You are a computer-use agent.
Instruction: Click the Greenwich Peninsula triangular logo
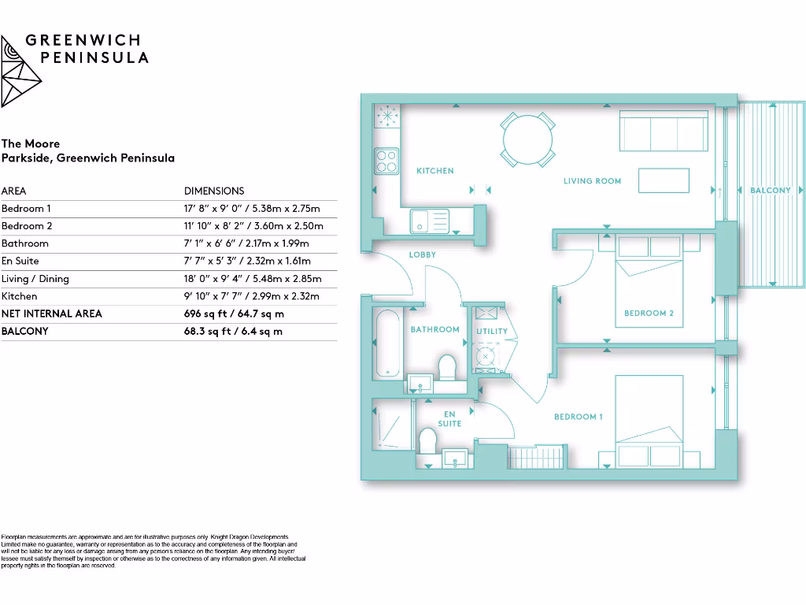coord(20,71)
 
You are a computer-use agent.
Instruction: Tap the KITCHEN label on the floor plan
coord(434,171)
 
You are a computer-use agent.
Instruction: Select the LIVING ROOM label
coord(592,181)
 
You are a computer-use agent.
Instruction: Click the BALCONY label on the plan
coord(770,191)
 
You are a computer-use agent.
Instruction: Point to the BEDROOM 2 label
coord(649,314)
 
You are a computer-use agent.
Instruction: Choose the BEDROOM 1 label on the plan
coord(579,417)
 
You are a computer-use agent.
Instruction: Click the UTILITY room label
coord(492,332)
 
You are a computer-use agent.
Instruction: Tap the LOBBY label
coord(422,255)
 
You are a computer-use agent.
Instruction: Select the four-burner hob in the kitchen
coord(386,161)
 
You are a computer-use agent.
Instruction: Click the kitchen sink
coord(429,221)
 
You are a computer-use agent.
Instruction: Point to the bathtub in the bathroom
coord(388,344)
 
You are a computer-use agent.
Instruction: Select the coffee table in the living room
coord(664,181)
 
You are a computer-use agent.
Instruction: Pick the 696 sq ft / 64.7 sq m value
coord(233,314)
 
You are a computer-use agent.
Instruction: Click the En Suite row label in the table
coord(20,261)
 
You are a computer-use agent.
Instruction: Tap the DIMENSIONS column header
coord(214,191)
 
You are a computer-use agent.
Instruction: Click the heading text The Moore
coord(31,143)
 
